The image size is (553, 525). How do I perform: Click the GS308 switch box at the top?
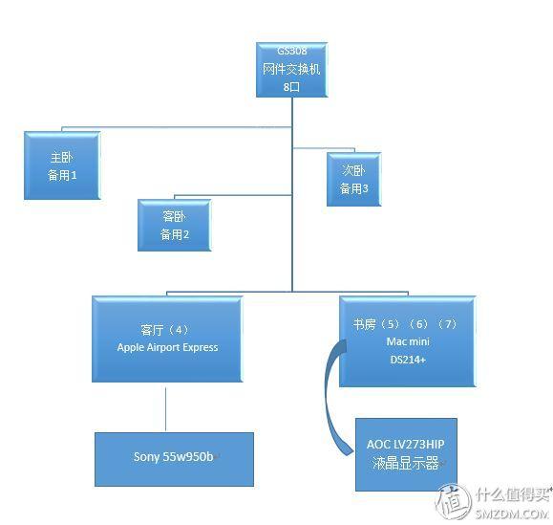(x=292, y=70)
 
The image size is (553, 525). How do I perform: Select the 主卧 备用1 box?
(x=62, y=165)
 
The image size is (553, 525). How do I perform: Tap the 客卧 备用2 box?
(x=175, y=226)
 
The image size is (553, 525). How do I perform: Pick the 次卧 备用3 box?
(x=354, y=180)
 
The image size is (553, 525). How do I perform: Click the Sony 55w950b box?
(x=174, y=459)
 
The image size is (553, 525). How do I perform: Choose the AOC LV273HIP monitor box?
(x=406, y=455)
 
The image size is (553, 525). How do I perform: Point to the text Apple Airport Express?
(x=167, y=347)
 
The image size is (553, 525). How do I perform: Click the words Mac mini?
(x=408, y=341)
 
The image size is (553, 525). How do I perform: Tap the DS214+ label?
(x=408, y=360)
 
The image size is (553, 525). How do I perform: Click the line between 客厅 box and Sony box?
(x=166, y=409)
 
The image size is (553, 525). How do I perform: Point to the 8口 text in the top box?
(x=291, y=87)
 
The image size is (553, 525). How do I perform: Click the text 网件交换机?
(x=291, y=69)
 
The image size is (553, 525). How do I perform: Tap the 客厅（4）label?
(x=164, y=330)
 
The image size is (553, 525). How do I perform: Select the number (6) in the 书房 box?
(x=419, y=324)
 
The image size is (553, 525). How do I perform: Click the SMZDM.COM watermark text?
(x=511, y=514)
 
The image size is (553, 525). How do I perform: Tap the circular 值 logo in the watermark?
(x=454, y=501)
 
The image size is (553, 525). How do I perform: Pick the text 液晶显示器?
(x=406, y=463)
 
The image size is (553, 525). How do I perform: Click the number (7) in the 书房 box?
(x=448, y=324)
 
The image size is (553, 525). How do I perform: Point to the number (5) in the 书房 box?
(x=390, y=324)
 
